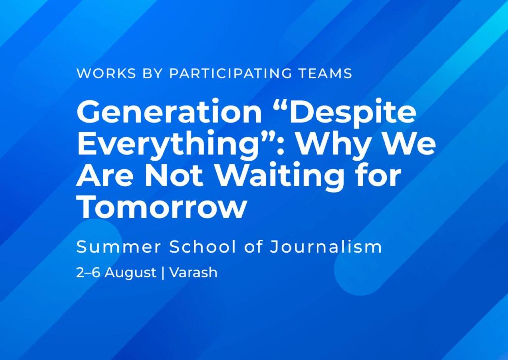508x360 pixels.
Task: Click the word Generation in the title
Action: (x=169, y=112)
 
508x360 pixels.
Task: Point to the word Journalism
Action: (x=326, y=247)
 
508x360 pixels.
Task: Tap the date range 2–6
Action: (x=88, y=273)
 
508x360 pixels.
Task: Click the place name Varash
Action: (x=193, y=273)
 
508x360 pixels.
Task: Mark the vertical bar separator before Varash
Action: (x=163, y=273)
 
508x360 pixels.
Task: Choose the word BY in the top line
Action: (x=153, y=73)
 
